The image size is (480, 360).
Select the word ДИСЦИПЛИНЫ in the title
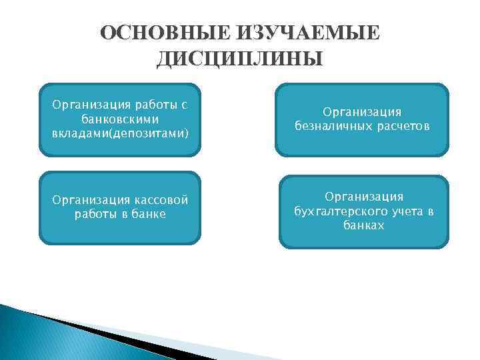240,60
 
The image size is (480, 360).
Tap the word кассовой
157,201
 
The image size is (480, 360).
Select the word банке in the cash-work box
150,214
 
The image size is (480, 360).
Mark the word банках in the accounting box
363,225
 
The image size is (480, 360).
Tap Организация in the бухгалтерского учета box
363,197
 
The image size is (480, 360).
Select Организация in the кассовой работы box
83,201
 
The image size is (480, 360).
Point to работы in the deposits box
153,105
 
